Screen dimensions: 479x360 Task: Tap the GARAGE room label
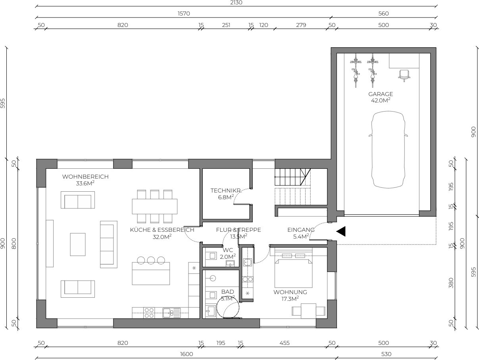pos(381,94)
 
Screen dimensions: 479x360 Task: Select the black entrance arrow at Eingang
pos(341,231)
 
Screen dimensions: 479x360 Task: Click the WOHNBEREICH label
pos(85,177)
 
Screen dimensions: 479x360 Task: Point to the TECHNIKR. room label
pos(226,191)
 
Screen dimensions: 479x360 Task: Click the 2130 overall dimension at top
pos(236,3)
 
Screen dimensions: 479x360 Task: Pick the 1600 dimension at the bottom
pos(187,354)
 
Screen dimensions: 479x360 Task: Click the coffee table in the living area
pos(78,244)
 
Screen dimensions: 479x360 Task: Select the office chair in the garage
pos(404,75)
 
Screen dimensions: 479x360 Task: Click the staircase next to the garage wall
pos(292,187)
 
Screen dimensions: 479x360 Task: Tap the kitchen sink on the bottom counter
pos(171,313)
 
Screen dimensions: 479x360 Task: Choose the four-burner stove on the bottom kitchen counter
pos(149,313)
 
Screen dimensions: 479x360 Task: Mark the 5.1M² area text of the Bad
pos(228,298)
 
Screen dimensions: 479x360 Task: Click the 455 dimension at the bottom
pos(285,343)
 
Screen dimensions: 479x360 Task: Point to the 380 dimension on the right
pos(451,283)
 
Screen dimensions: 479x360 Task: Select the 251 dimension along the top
pos(226,25)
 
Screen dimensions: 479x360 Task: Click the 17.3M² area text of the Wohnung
pos(290,299)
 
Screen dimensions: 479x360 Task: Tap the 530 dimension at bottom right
pos(386,354)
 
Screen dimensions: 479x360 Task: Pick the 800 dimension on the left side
pos(14,244)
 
